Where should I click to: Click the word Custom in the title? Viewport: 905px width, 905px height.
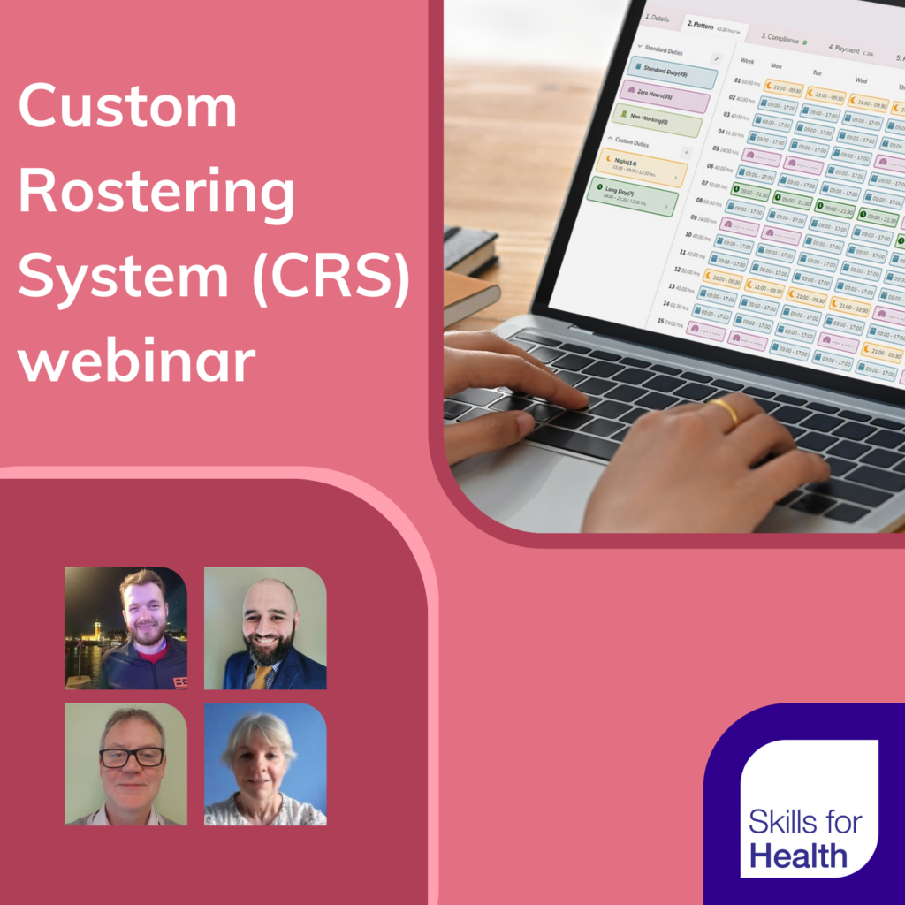(x=127, y=108)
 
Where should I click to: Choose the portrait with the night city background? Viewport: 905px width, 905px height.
(x=125, y=628)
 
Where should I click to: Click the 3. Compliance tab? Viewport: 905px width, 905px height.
(x=783, y=39)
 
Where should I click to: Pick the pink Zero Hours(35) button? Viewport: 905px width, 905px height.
(x=665, y=95)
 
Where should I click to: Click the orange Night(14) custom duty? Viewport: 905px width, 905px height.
(x=642, y=166)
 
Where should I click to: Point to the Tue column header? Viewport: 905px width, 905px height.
(x=818, y=72)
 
